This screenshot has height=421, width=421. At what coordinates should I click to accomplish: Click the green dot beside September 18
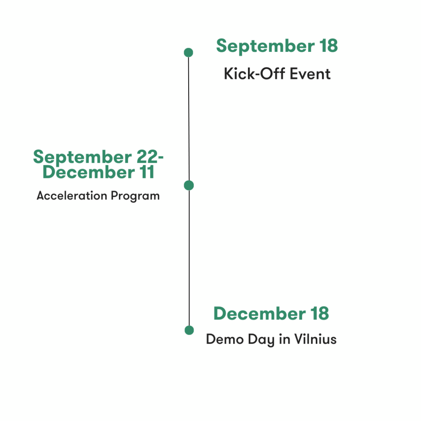(188, 52)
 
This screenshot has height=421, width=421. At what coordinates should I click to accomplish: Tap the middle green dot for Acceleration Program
(189, 185)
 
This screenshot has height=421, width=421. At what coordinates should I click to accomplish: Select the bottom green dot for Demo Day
(189, 330)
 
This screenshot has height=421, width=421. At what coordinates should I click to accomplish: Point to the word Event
(310, 74)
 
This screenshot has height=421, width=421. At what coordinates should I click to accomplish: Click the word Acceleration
(72, 195)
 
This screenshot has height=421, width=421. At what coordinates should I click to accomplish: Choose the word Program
(135, 196)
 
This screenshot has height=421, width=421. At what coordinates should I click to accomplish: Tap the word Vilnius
(315, 339)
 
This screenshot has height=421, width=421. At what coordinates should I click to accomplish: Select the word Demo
(225, 339)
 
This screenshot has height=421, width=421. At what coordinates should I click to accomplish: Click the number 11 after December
(147, 172)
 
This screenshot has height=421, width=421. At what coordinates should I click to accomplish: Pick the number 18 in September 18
(328, 46)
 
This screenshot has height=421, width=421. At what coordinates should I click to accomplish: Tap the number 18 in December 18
(319, 313)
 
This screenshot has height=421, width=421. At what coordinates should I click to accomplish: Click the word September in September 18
(265, 46)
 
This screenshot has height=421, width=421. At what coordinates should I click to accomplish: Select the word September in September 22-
(82, 157)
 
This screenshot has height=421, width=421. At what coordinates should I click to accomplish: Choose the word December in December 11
(89, 172)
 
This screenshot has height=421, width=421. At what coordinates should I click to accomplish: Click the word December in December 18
(260, 313)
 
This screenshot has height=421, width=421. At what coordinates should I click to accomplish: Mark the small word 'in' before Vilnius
(284, 339)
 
